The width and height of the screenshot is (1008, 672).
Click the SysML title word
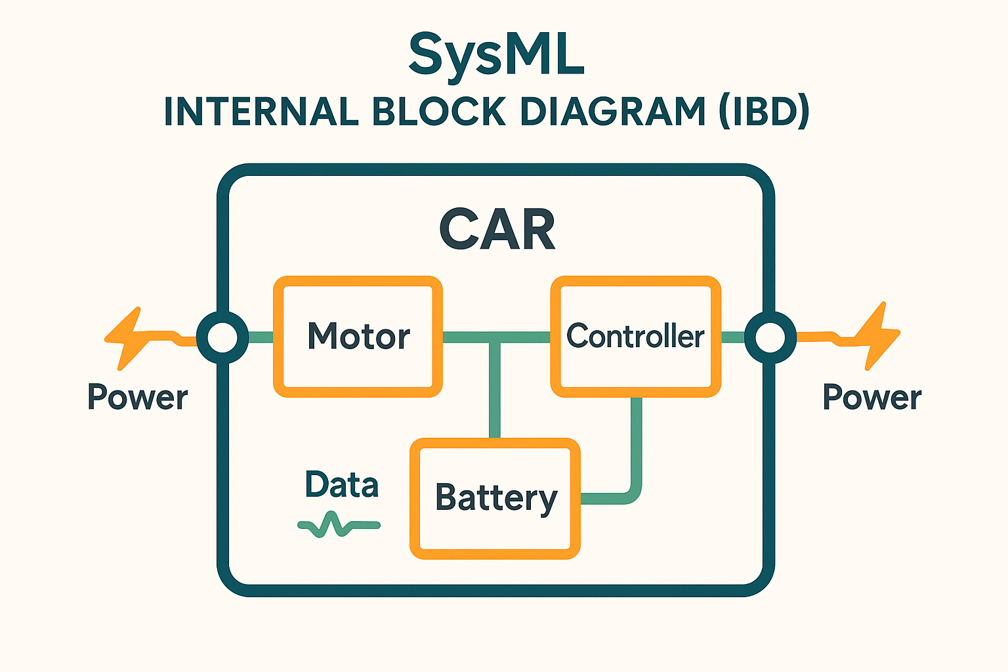click(496, 56)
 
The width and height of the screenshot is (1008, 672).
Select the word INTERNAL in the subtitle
click(261, 111)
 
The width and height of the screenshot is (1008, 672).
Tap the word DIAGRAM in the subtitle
click(613, 111)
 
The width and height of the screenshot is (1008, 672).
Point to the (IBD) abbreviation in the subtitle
click(765, 111)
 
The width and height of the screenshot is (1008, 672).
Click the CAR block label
click(497, 230)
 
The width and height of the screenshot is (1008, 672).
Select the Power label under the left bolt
click(138, 396)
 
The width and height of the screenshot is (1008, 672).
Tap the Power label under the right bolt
click(872, 396)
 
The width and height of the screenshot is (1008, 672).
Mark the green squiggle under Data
click(339, 525)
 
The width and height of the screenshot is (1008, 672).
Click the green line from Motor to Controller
click(496, 337)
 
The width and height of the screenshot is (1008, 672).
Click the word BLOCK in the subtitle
click(439, 111)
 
